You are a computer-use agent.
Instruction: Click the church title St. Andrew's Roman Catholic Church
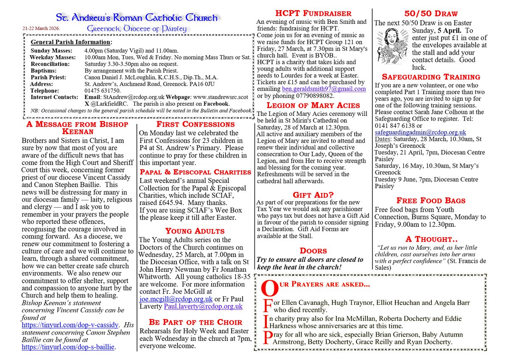137,18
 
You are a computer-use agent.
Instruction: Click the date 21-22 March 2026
41,29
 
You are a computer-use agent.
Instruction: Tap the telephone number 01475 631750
104,90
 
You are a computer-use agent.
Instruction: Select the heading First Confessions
195,124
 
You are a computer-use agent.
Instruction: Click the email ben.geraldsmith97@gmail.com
324,89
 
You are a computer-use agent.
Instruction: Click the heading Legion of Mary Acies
313,105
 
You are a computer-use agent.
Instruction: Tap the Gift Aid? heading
313,195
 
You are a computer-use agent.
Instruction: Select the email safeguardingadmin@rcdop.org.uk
420,132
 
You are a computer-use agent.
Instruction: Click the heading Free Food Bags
431,200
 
